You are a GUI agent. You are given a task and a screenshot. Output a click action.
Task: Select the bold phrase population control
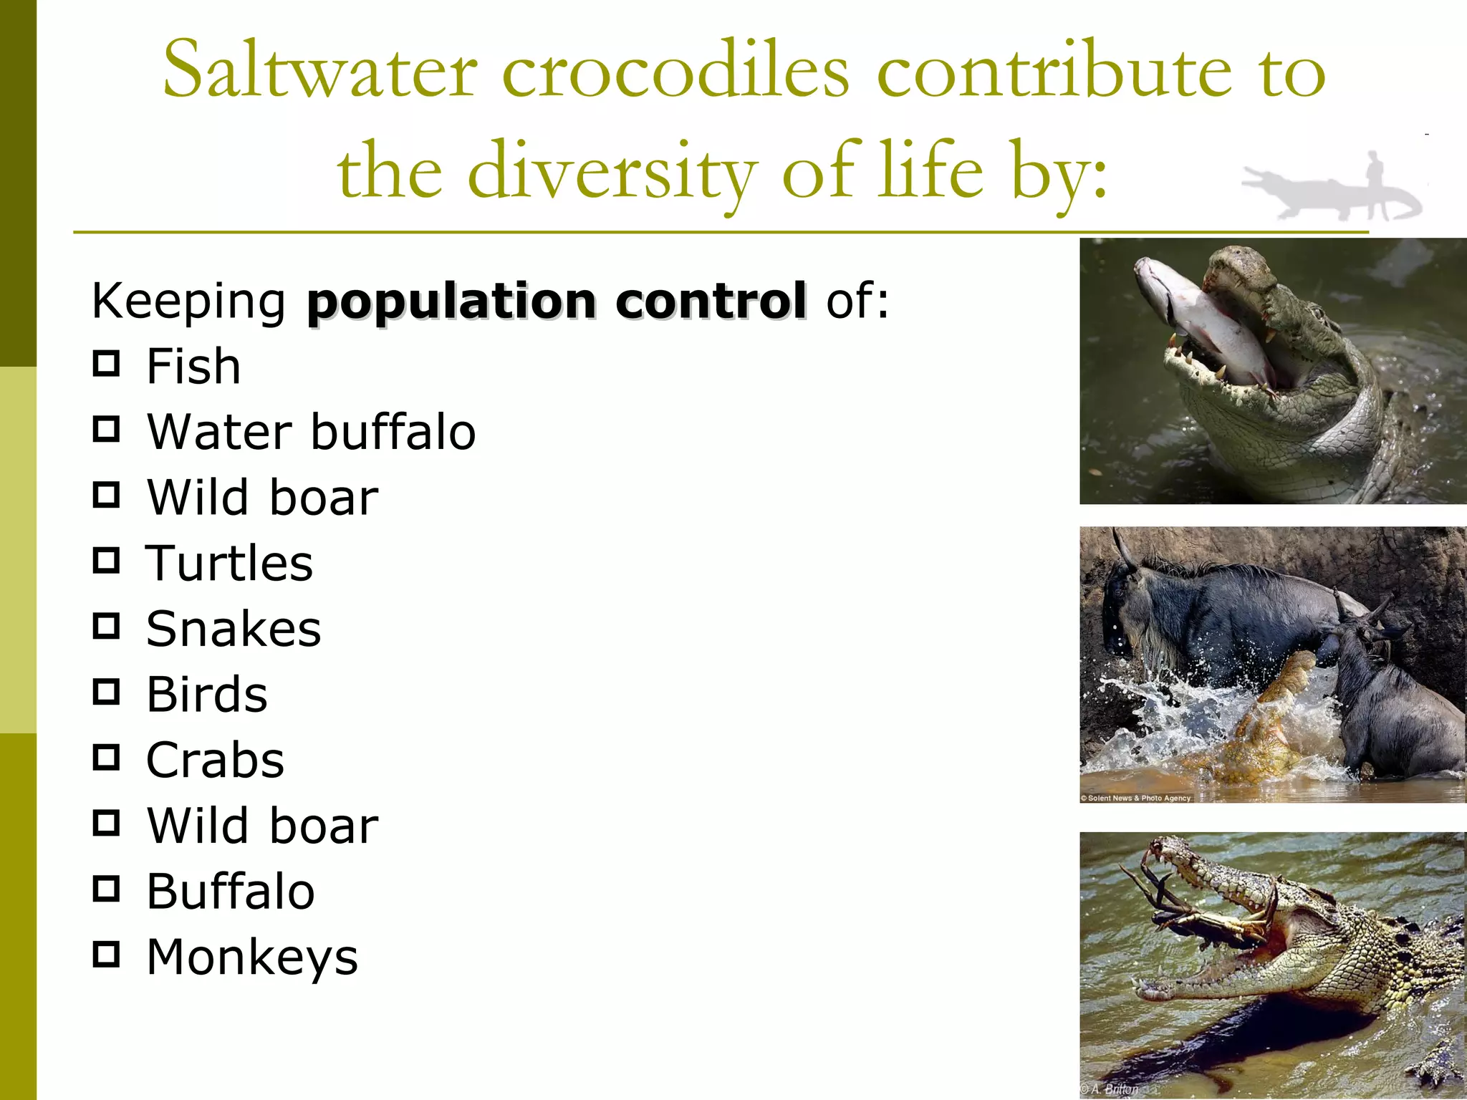coord(557,301)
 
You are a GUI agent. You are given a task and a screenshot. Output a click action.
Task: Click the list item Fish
coord(193,367)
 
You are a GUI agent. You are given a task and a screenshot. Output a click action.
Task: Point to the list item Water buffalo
coord(311,433)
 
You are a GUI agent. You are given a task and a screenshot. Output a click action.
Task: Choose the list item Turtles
coord(229,564)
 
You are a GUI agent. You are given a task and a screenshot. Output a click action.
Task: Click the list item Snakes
coord(234,629)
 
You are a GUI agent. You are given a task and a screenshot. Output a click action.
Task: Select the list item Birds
coord(207,695)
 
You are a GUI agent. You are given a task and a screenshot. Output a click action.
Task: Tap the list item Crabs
coord(215,761)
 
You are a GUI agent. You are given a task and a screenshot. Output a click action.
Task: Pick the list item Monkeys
coord(252,957)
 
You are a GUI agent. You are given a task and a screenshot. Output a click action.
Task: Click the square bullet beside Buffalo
coord(106,889)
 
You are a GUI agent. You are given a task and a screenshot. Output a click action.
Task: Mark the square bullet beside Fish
coord(106,364)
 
